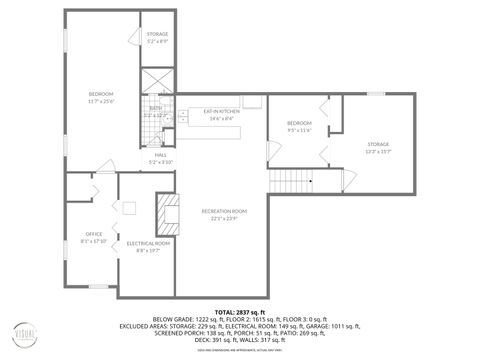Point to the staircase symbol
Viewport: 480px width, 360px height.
pyautogui.click(x=291, y=181)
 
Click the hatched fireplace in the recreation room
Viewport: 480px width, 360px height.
pyautogui.click(x=165, y=212)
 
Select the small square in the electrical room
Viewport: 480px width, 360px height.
pyautogui.click(x=129, y=208)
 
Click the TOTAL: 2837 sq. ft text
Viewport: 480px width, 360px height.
pyautogui.click(x=240, y=313)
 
